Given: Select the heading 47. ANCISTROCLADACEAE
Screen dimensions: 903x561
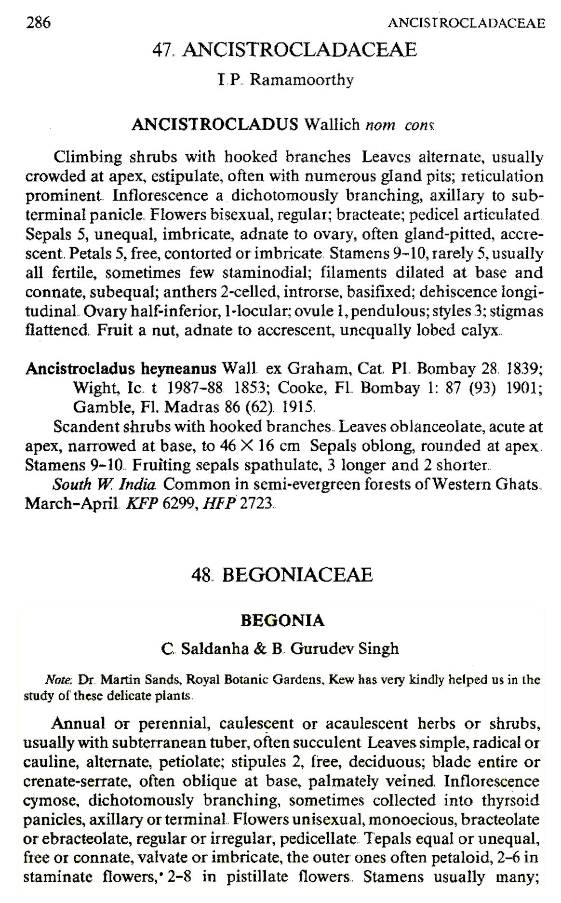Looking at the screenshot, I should [284, 50].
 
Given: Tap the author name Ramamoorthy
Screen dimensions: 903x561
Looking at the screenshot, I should [302, 80].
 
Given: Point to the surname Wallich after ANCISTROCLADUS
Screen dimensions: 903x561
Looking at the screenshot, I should [332, 124].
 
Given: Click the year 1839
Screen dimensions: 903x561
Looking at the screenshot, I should [524, 369].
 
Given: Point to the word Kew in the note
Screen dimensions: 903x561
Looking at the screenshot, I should [343, 680].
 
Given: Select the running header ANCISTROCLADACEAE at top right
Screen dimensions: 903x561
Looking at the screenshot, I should [466, 23].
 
